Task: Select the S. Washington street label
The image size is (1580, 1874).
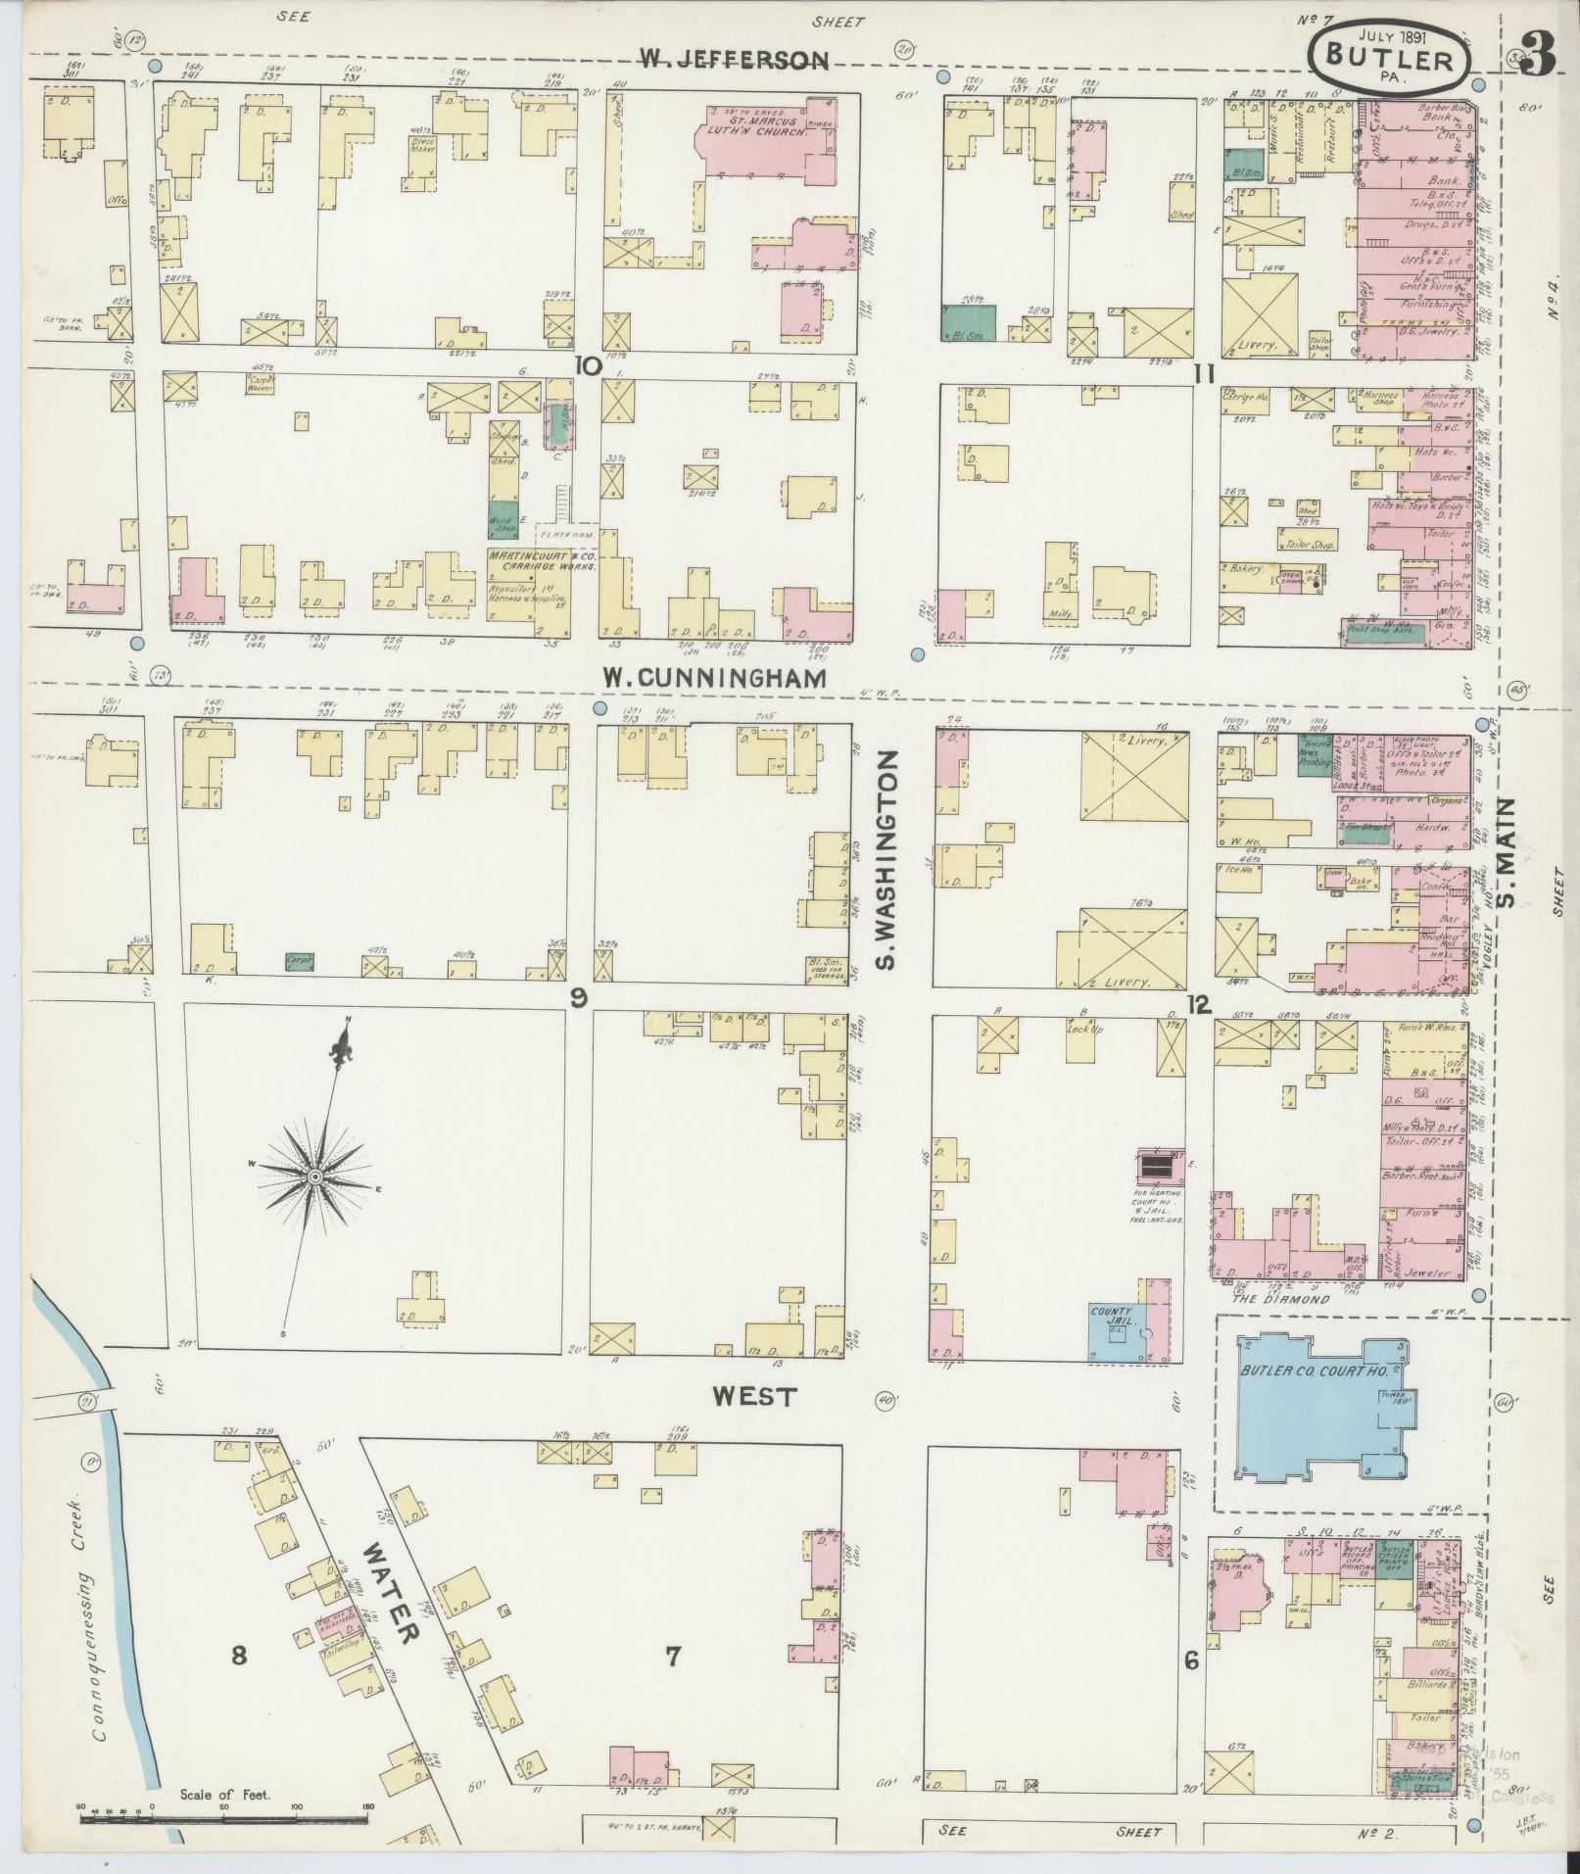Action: pyautogui.click(x=886, y=860)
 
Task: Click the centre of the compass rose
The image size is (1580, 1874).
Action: pyautogui.click(x=315, y=1176)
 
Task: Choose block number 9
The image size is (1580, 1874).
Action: pyautogui.click(x=579, y=997)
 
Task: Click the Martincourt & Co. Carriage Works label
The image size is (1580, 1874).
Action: pyautogui.click(x=541, y=560)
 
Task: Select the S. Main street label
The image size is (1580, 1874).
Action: pyautogui.click(x=1506, y=852)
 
